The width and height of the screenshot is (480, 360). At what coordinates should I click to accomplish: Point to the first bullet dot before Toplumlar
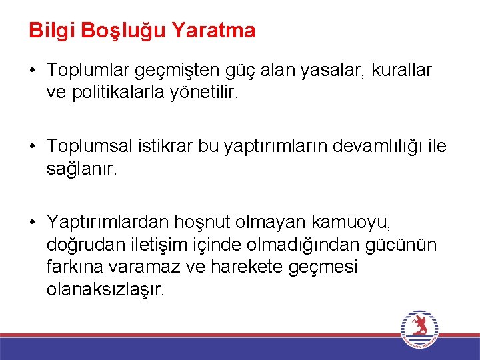coord(33,69)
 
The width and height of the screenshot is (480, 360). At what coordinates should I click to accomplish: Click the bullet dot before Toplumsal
coord(33,146)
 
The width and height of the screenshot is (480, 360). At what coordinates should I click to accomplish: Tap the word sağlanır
coord(82,169)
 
